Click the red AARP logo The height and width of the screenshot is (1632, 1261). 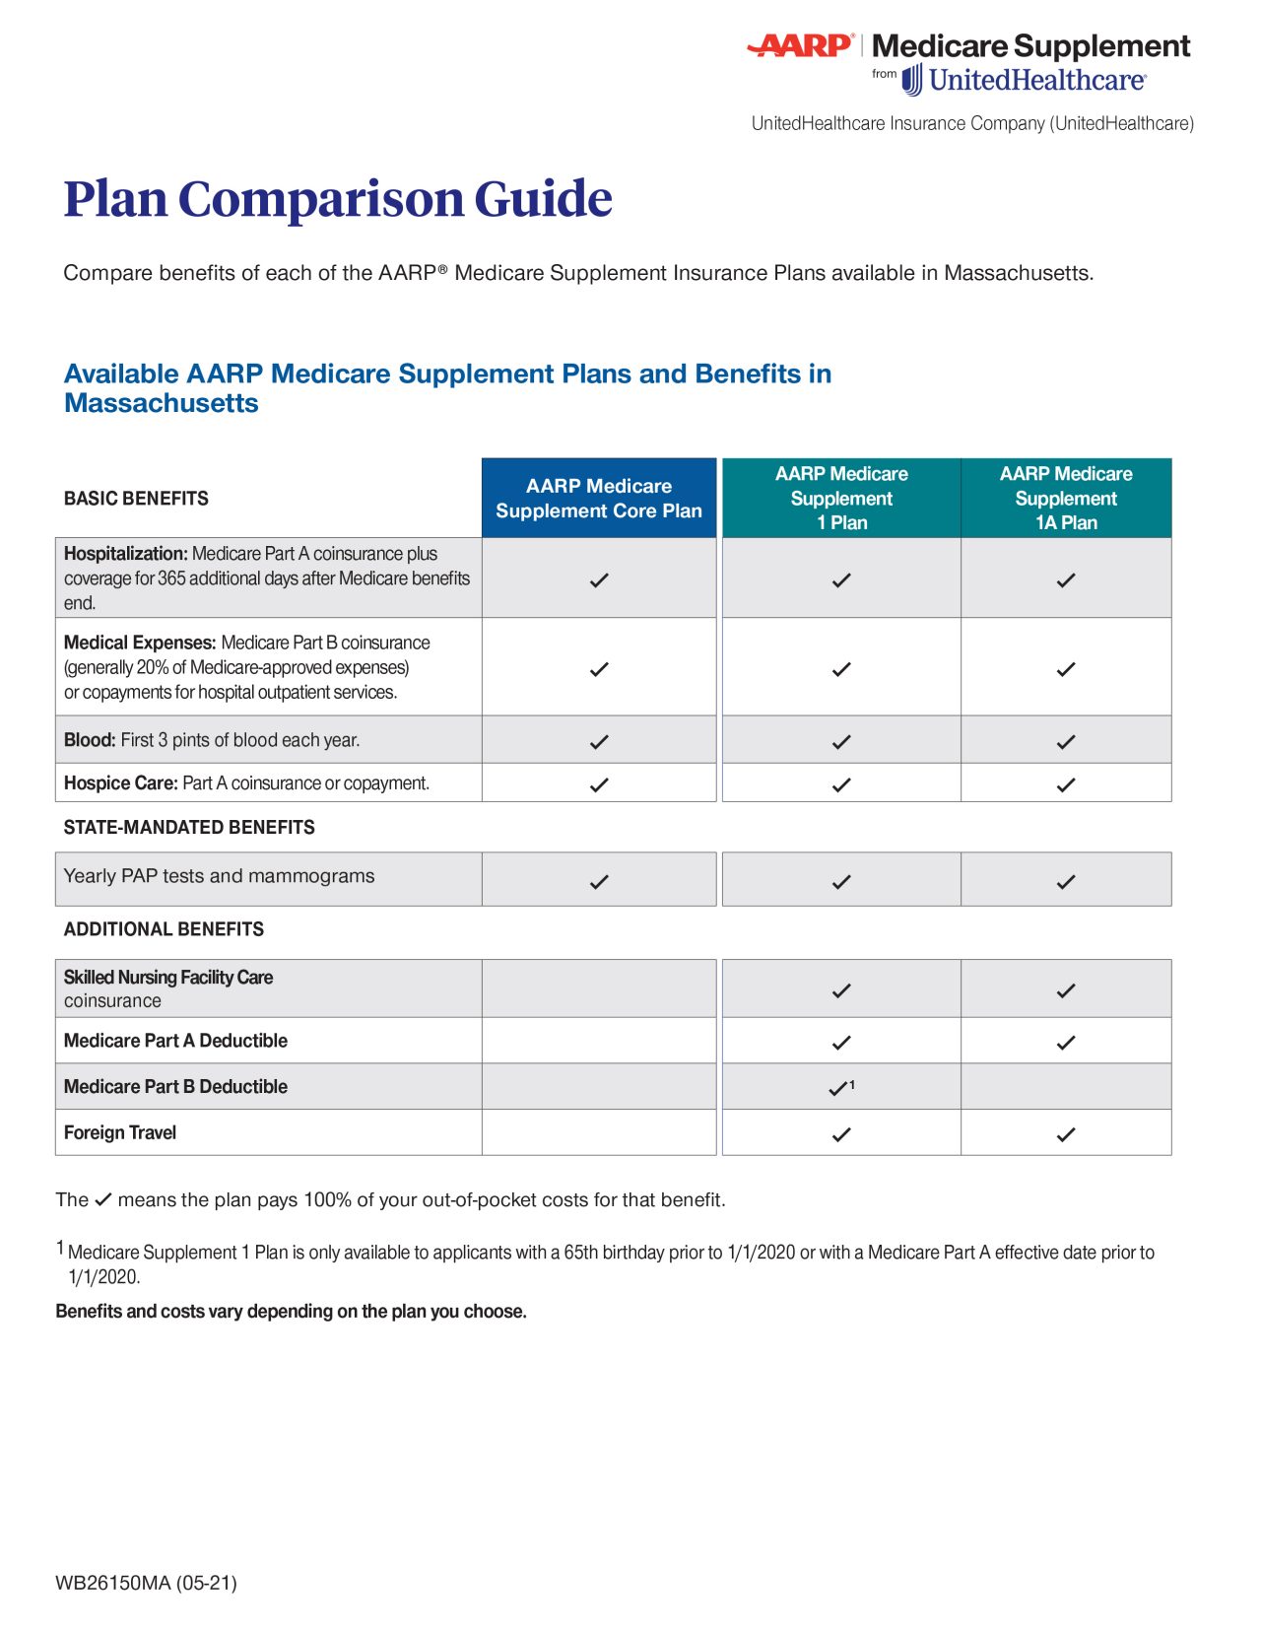tap(800, 45)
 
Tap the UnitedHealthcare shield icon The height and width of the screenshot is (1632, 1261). tap(912, 80)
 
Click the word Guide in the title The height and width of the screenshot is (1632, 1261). tap(543, 199)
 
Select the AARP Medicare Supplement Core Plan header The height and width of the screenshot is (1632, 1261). tap(598, 498)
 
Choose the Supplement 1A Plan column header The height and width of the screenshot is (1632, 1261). tap(1065, 498)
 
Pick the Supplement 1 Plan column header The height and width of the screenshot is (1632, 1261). tap(840, 498)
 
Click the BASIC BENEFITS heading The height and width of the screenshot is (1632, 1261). tap(136, 499)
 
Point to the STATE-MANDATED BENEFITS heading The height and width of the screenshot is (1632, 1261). tap(189, 828)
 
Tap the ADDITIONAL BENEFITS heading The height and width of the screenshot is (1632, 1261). tap(164, 929)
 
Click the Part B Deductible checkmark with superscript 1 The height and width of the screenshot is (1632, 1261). tap(839, 1088)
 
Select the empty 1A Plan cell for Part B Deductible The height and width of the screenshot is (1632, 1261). tap(1065, 1086)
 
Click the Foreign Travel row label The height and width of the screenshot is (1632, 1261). tap(120, 1133)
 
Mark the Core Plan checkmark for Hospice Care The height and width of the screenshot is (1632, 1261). tap(598, 784)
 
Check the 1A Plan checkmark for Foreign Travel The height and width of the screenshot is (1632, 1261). tap(1065, 1134)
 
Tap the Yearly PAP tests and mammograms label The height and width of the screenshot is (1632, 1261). tap(219, 876)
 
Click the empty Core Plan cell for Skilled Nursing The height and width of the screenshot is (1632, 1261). tap(598, 988)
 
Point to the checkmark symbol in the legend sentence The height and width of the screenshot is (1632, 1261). tap(103, 1199)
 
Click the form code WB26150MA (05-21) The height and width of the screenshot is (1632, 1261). tap(146, 1583)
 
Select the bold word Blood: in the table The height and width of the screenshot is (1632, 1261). tap(90, 740)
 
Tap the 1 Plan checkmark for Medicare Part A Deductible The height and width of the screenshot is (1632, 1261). tap(840, 1042)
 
